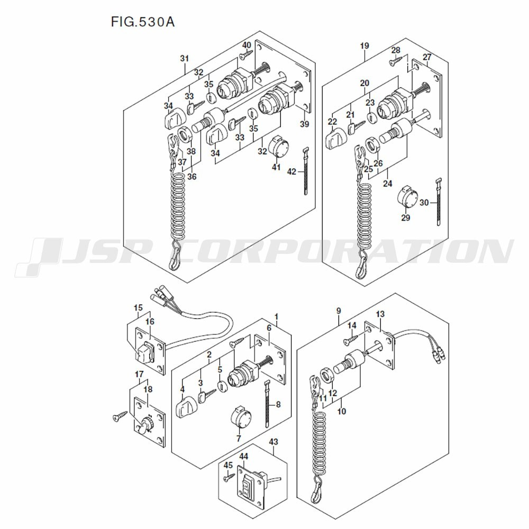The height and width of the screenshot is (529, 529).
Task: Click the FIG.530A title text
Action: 143,22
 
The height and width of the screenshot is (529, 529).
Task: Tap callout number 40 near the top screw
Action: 247,45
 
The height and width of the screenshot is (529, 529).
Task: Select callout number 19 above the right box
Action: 364,45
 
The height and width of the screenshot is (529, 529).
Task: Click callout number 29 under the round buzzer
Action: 406,217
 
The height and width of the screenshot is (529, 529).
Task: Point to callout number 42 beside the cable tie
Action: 292,172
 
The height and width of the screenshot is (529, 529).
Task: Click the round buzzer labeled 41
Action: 278,146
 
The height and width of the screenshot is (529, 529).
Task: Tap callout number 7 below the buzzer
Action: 239,438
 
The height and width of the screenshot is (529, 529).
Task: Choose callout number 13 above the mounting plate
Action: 380,314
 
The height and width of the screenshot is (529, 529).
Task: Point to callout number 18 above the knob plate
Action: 148,389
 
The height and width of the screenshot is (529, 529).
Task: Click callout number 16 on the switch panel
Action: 150,322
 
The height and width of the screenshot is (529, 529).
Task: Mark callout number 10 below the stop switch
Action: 341,411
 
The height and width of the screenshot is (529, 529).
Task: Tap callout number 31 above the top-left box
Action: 184,58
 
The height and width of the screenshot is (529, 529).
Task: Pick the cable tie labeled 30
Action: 438,202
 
